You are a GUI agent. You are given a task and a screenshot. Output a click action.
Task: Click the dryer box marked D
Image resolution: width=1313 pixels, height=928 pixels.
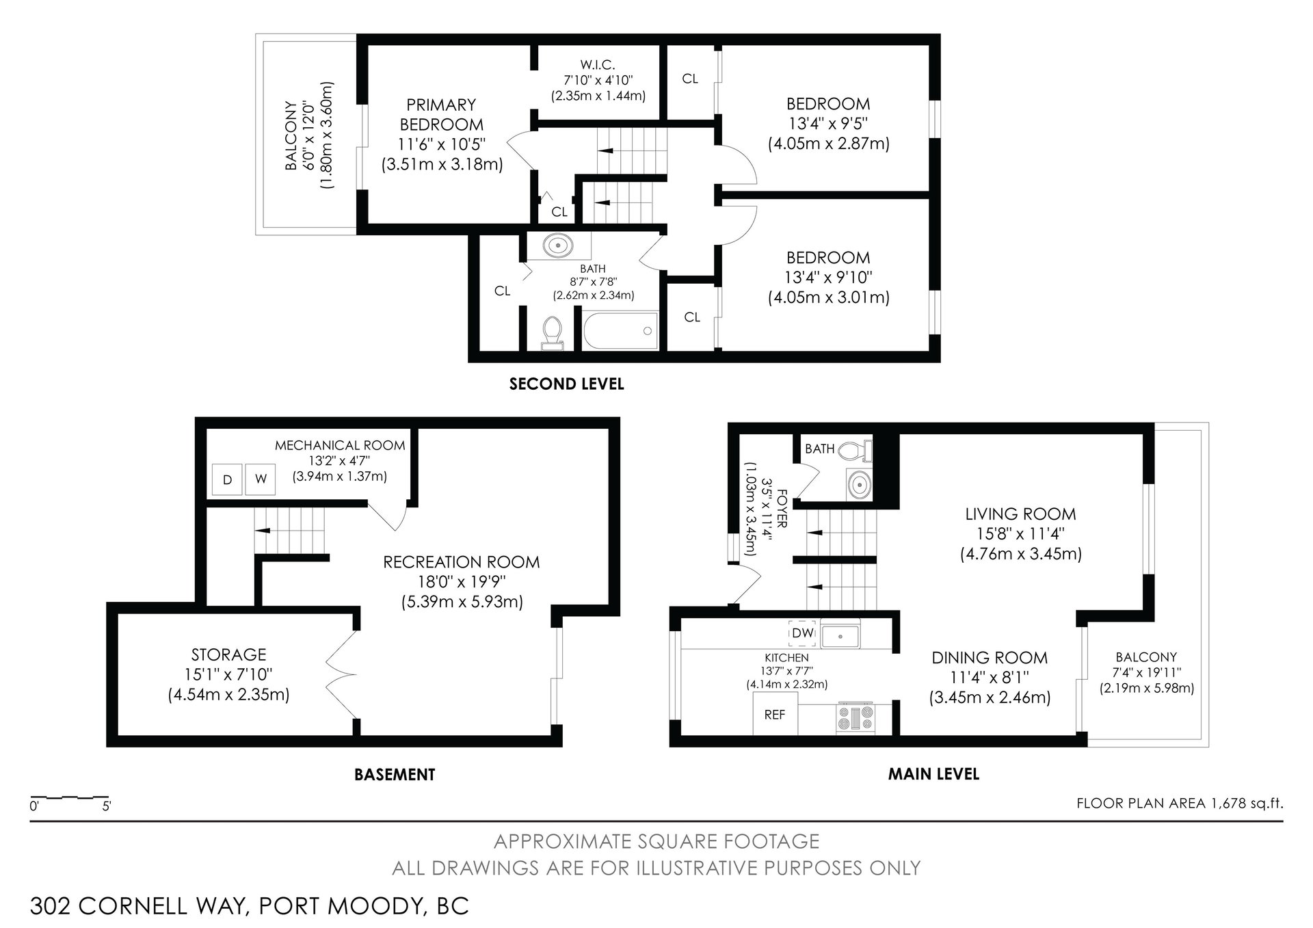coord(228,479)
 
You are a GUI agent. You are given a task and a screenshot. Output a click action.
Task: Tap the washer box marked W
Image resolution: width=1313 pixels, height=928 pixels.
coord(261,479)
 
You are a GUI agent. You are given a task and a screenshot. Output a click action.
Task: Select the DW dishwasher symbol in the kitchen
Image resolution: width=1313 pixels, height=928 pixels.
coord(803,633)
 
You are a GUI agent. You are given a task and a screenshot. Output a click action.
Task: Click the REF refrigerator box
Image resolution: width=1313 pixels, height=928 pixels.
coord(775,713)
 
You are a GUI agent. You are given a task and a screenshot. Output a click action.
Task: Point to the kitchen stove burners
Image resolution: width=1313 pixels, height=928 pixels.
coord(856,719)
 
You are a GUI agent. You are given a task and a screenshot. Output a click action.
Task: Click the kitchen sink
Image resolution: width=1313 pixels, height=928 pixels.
coord(841,635)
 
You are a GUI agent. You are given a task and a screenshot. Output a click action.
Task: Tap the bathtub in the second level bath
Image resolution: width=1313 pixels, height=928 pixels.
coord(620,331)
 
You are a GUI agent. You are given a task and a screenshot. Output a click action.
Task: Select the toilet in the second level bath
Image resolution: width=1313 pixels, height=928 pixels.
coord(552,334)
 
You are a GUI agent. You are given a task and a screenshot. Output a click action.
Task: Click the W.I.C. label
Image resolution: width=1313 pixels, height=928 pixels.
coord(598,65)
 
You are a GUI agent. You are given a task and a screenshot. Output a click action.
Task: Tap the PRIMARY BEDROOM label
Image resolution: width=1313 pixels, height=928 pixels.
coord(441,115)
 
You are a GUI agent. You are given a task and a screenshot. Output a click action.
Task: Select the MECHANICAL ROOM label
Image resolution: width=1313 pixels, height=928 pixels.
coord(340,445)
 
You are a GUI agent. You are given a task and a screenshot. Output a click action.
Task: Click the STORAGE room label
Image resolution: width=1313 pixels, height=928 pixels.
coord(228,654)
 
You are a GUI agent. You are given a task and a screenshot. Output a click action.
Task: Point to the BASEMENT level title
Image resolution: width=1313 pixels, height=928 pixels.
coord(395,775)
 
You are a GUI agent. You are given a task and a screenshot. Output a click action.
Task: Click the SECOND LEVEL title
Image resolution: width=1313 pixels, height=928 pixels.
coord(567,384)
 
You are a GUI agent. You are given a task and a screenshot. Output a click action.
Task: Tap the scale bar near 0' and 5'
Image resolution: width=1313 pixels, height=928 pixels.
coord(69,797)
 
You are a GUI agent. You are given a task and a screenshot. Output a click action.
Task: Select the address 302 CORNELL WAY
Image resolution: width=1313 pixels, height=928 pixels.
coord(137,906)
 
